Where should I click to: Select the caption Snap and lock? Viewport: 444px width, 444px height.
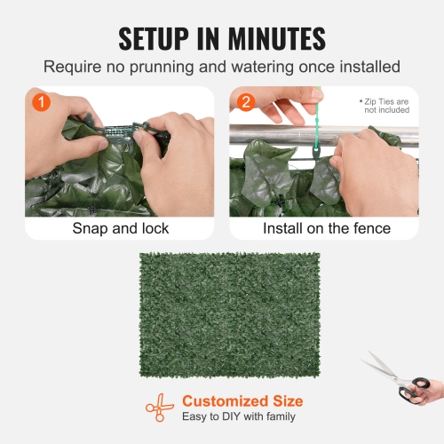tap(120, 228)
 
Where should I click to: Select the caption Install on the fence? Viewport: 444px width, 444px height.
tap(326, 228)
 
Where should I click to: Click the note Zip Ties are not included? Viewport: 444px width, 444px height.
tap(384, 106)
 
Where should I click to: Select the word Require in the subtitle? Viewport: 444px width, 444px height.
tap(71, 67)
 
